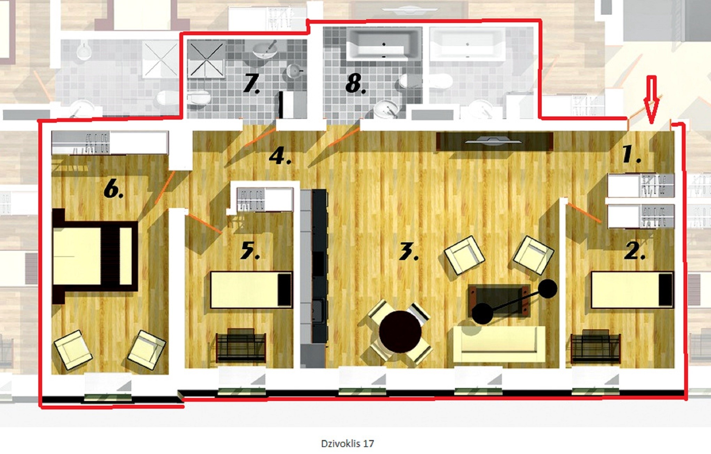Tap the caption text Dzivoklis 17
(347, 444)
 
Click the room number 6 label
(114, 190)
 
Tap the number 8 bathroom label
(356, 84)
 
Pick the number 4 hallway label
(280, 156)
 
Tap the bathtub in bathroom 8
(384, 44)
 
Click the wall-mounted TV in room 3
(494, 141)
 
